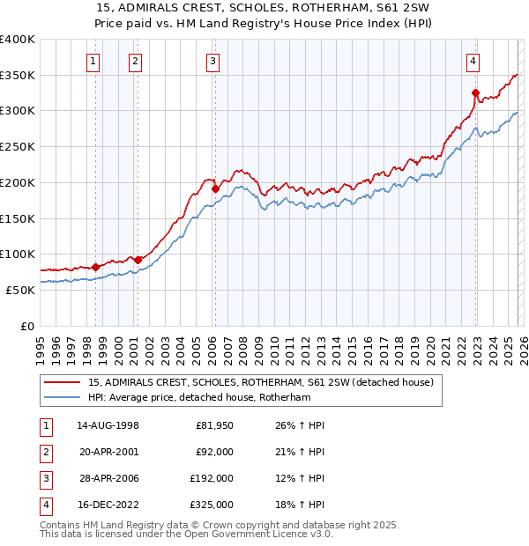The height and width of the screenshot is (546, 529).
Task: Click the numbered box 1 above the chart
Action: [93, 62]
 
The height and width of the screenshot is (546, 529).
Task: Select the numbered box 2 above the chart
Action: [135, 62]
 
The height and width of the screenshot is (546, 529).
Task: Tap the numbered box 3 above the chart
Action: [213, 62]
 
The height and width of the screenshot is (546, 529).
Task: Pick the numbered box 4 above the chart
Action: [473, 62]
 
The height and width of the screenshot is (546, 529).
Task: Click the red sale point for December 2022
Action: [475, 92]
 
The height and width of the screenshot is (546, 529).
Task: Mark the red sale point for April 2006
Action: [214, 188]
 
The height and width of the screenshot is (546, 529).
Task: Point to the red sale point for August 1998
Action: [96, 267]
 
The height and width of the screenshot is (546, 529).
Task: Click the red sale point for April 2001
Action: [138, 260]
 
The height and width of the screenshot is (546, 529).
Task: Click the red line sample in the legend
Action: [63, 383]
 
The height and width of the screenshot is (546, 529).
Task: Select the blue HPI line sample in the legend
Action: [63, 398]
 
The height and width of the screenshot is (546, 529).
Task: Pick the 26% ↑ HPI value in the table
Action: [300, 425]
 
